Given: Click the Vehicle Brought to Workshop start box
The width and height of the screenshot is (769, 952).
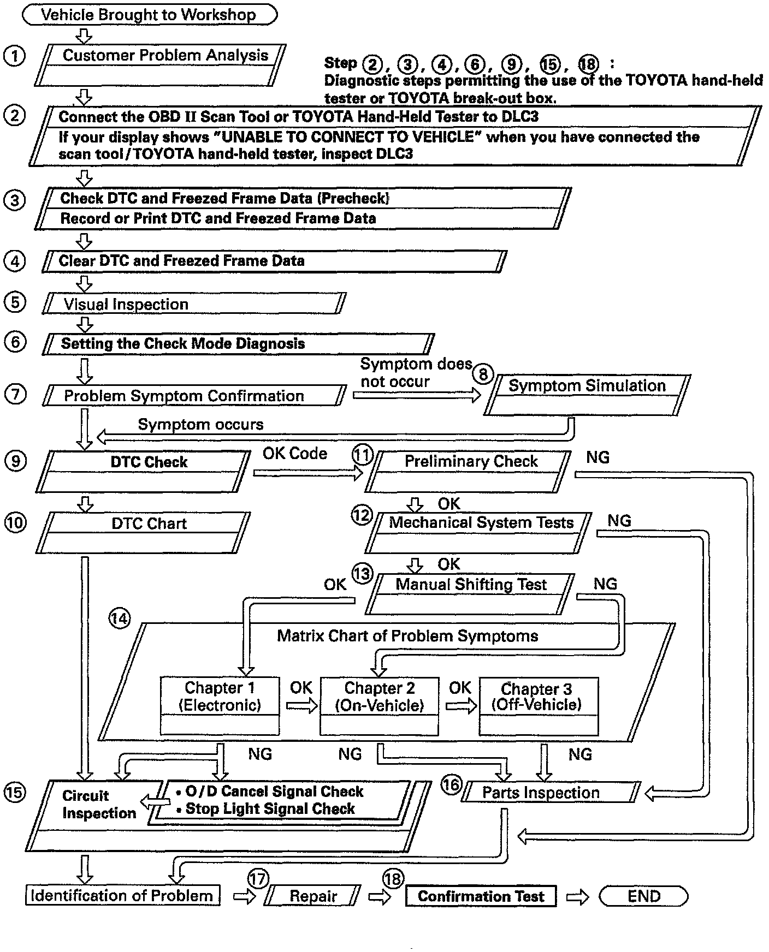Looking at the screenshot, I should (149, 15).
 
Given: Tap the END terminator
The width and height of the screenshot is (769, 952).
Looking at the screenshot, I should (643, 896).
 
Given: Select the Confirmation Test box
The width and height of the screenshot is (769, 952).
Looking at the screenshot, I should (481, 896).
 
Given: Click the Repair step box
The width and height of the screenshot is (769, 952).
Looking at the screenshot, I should (313, 896).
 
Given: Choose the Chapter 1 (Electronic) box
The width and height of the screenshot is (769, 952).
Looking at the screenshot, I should (220, 706).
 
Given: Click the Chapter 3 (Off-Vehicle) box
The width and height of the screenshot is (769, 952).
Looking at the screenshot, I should (539, 706).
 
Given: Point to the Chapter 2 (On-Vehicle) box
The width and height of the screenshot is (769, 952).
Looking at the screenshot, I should (379, 706).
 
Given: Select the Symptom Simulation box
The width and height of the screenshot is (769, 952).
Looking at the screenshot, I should (587, 395).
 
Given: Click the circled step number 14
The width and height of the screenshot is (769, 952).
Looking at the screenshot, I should (120, 619).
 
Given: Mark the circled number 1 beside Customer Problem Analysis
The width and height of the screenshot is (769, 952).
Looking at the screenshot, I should (15, 56).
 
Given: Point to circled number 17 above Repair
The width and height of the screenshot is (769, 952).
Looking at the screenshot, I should (258, 879).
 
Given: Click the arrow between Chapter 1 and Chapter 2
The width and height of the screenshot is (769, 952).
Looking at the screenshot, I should (301, 706).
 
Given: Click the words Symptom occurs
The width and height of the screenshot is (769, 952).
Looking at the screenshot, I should (200, 425).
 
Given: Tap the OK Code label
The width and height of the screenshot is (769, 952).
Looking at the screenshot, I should (295, 454).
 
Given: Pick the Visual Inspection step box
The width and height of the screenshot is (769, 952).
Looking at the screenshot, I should (194, 304).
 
